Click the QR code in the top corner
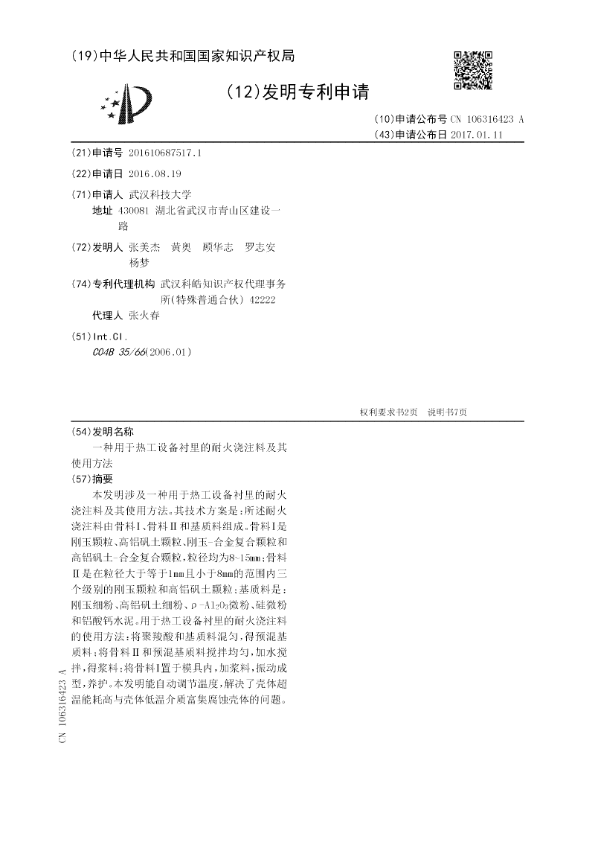473,71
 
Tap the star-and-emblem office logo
123,103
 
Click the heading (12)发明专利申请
297,92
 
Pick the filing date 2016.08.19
155,173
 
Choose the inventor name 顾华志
218,247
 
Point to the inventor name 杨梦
139,263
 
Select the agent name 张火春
144,315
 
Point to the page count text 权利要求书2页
388,412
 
